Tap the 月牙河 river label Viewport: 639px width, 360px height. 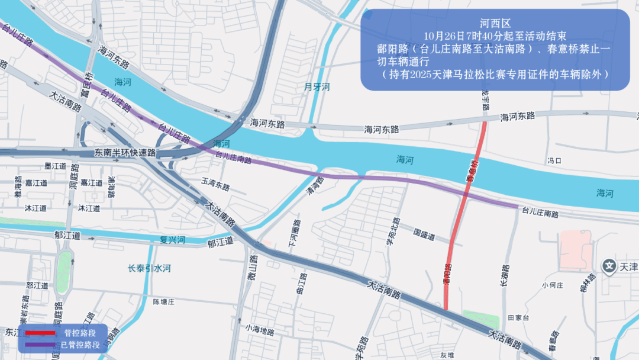pyautogui.click(x=317, y=87)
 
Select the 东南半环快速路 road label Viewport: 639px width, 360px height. pyautogui.click(x=125, y=153)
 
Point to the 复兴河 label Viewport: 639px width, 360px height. pyautogui.click(x=173, y=240)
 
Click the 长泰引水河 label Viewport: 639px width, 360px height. pyautogui.click(x=149, y=268)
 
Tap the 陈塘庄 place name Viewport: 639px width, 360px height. pyautogui.click(x=165, y=301)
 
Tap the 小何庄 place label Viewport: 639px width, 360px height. pyautogui.click(x=552, y=285)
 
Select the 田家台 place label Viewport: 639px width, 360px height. pyautogui.click(x=518, y=317)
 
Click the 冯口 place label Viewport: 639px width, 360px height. pyautogui.click(x=554, y=160)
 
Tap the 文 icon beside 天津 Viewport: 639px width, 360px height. pyautogui.click(x=609, y=266)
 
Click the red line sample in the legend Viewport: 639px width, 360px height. pyautogui.click(x=40, y=333)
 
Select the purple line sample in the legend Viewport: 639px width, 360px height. pyautogui.click(x=40, y=344)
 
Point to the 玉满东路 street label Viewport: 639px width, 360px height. pyautogui.click(x=215, y=187)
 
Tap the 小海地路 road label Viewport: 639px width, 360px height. pyautogui.click(x=261, y=330)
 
